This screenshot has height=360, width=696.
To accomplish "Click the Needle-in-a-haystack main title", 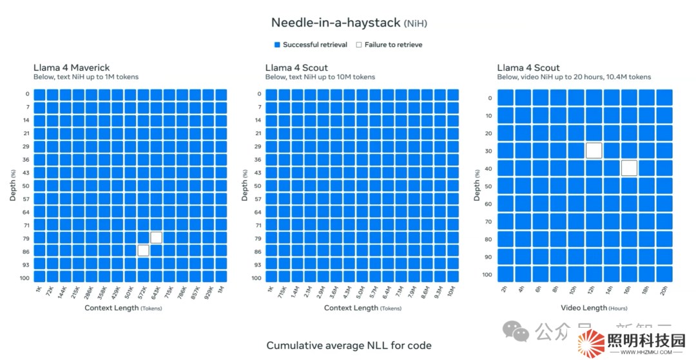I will tap(348, 23).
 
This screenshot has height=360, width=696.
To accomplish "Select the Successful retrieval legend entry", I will tap(311, 45).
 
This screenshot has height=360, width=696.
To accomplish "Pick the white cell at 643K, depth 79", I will tap(156, 238).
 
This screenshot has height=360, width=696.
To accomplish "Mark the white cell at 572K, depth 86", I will tap(143, 251).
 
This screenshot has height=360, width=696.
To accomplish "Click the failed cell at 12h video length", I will tap(594, 151).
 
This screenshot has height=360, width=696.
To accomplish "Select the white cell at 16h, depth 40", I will tap(629, 168).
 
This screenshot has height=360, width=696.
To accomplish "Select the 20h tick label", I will tap(664, 290).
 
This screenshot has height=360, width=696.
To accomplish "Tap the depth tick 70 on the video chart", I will tap(488, 222).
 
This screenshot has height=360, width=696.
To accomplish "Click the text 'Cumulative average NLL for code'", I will tap(349, 346).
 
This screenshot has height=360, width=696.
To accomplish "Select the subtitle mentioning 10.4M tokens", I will tap(574, 77).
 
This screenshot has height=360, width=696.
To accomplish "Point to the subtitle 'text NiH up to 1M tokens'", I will tap(86, 77).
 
